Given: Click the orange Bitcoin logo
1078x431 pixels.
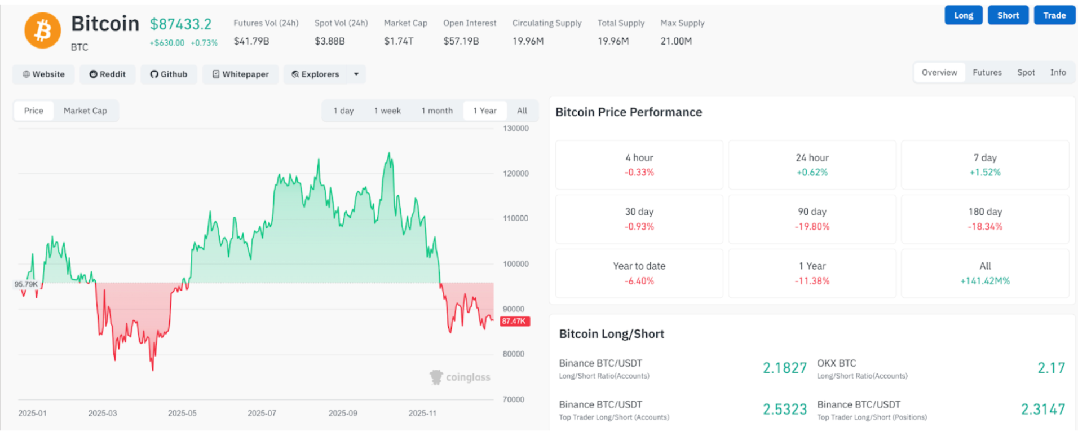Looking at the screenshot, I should pyautogui.click(x=42, y=30).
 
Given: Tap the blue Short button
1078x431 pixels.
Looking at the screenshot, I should pyautogui.click(x=1008, y=15).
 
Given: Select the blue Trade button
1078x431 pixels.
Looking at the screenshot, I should pyautogui.click(x=1054, y=15).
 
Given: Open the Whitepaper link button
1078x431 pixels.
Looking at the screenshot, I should pyautogui.click(x=240, y=74).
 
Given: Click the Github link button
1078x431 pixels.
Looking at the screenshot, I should pyautogui.click(x=169, y=74).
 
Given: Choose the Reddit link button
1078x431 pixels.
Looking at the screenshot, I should pyautogui.click(x=107, y=74).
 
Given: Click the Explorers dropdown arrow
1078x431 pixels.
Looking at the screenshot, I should pyautogui.click(x=356, y=74).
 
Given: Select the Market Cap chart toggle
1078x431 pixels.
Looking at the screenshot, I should pyautogui.click(x=85, y=111).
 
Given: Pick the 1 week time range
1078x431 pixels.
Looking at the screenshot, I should pyautogui.click(x=387, y=111).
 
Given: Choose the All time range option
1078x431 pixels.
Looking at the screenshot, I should pyautogui.click(x=522, y=111).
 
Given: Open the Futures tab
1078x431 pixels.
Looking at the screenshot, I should pyautogui.click(x=987, y=72).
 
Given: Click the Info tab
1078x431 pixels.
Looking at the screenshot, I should pyautogui.click(x=1058, y=72).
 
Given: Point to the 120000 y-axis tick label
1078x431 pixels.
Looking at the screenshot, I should pyautogui.click(x=515, y=173).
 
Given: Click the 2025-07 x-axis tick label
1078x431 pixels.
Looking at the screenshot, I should pyautogui.click(x=262, y=413).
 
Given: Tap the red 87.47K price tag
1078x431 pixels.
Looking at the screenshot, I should pyautogui.click(x=514, y=321).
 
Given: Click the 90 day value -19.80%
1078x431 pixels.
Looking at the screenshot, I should pyautogui.click(x=812, y=227).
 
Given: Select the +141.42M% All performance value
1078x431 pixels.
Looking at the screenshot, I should pyautogui.click(x=985, y=281).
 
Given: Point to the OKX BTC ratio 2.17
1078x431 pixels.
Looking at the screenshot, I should pyautogui.click(x=1051, y=368).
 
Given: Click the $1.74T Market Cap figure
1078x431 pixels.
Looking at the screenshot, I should pyautogui.click(x=399, y=41).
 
